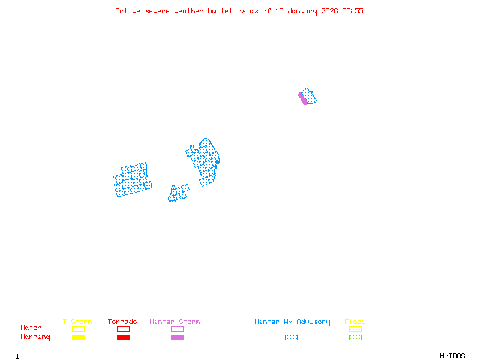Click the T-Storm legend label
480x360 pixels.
77,322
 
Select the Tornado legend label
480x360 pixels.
122,322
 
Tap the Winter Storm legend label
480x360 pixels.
175,322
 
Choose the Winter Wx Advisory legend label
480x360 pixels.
292,322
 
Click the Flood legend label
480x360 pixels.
355,322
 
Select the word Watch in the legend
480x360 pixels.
31,328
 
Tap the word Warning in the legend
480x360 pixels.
35,337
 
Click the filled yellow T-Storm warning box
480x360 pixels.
78,337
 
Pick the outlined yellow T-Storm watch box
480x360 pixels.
78,329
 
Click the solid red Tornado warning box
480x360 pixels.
123,337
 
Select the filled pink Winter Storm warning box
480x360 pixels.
177,337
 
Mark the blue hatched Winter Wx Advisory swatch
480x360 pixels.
291,337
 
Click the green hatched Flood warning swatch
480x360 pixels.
355,337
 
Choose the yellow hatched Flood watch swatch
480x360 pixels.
355,329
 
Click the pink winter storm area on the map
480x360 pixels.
302,98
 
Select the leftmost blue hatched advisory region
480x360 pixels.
132,181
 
